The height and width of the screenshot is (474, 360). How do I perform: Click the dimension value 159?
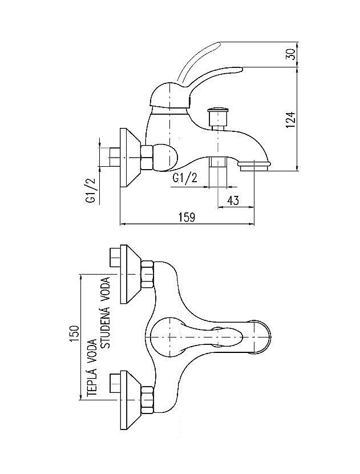coord(187,218)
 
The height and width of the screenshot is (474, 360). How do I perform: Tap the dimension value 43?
coord(233,200)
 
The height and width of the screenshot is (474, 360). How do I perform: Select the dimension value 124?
coord(290,120)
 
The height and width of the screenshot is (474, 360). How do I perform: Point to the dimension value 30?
coord(290,54)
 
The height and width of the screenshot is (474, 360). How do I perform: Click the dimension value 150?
coord(74,334)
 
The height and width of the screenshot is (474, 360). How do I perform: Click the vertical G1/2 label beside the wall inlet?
coord(91,190)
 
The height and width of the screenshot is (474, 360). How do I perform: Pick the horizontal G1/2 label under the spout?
coord(185,178)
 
